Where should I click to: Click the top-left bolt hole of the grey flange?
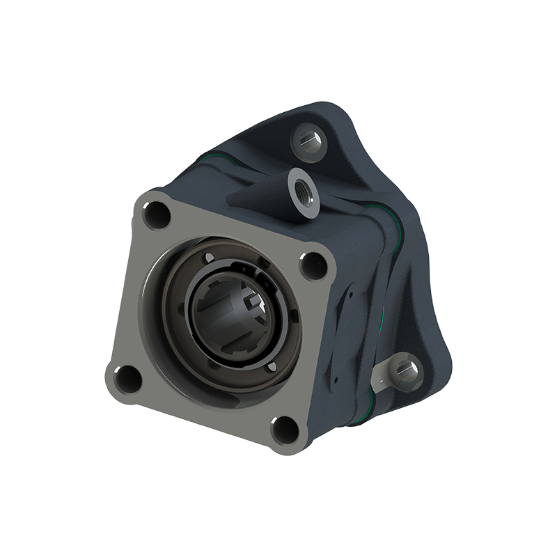pyautogui.click(x=156, y=214)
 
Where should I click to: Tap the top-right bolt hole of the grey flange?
pyautogui.click(x=313, y=265)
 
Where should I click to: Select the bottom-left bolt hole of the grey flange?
pyautogui.click(x=128, y=378)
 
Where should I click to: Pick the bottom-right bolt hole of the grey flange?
pyautogui.click(x=285, y=429)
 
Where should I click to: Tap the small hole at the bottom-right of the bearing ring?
pyautogui.click(x=273, y=366)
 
